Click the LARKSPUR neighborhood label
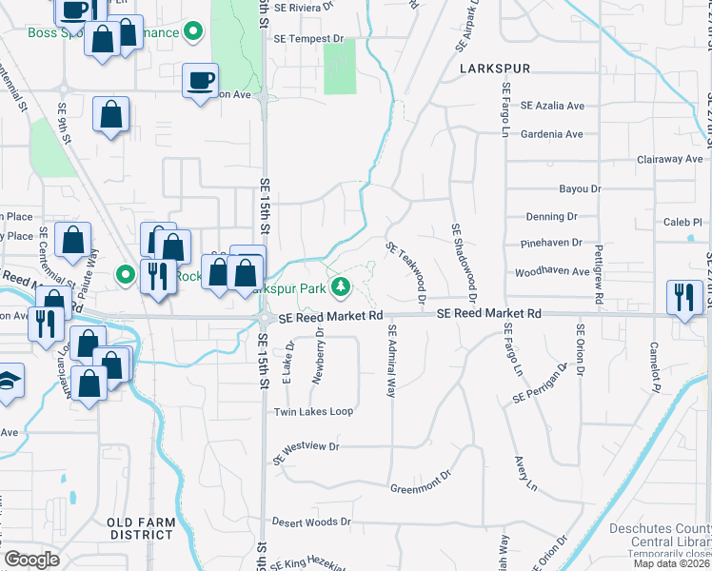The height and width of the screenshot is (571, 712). pyautogui.click(x=493, y=69)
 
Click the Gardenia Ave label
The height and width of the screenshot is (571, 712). pyautogui.click(x=551, y=134)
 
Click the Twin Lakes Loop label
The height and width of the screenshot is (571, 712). pyautogui.click(x=313, y=412)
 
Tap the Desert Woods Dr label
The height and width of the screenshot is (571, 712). pyautogui.click(x=311, y=522)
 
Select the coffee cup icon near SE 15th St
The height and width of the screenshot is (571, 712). pyautogui.click(x=201, y=80)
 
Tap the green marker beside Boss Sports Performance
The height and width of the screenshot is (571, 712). pyautogui.click(x=193, y=33)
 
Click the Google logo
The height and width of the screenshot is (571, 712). pyautogui.click(x=31, y=560)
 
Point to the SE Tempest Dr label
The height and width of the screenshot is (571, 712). pyautogui.click(x=307, y=39)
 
